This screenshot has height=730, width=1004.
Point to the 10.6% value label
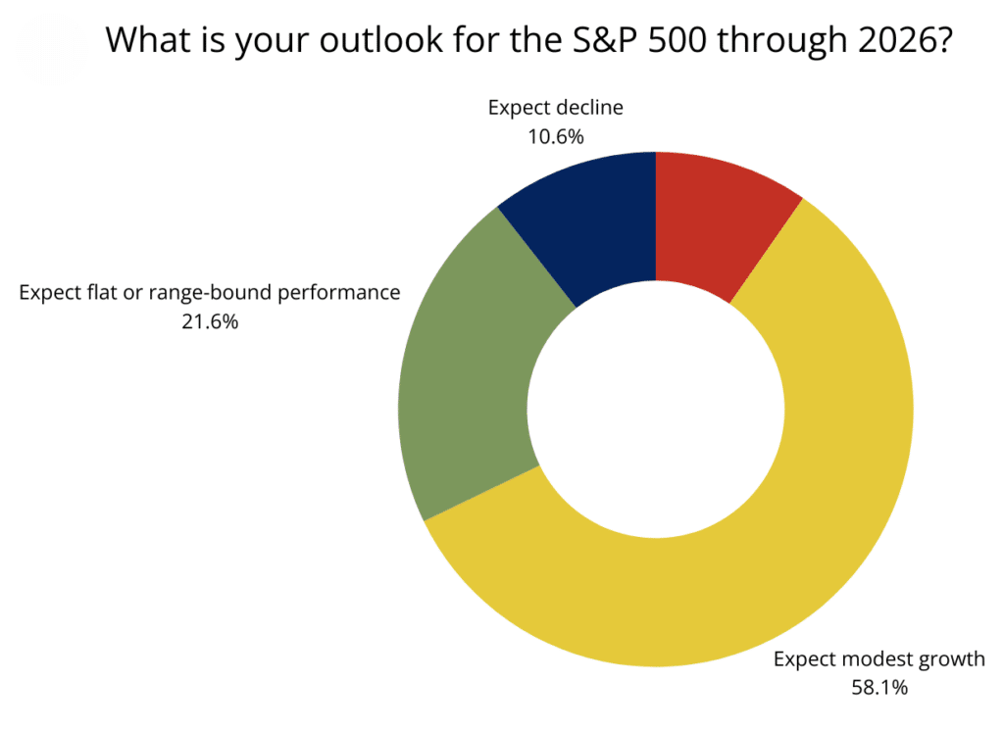coord(555,137)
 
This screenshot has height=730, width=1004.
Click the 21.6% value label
coord(210,320)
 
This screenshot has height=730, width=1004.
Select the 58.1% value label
coord(878,687)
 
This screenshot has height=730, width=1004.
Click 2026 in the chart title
coord(898,40)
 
